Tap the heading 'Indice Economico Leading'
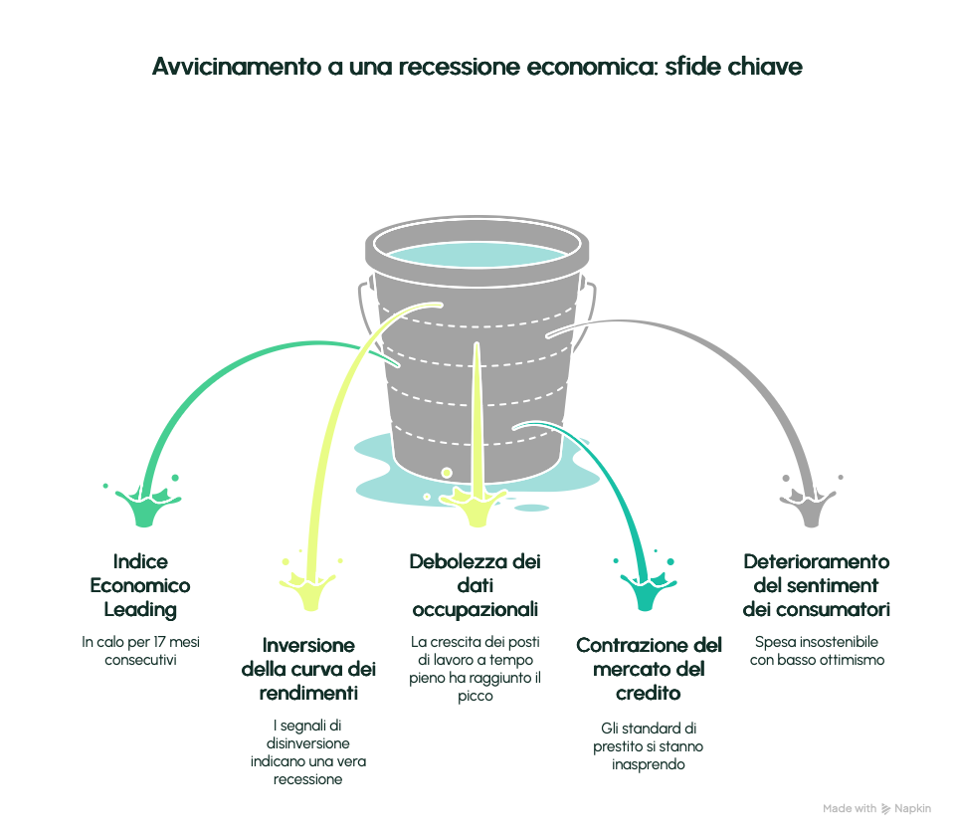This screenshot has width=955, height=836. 140,585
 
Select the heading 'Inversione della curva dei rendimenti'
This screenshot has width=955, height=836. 309,667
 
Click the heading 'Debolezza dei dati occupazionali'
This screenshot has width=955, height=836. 476,585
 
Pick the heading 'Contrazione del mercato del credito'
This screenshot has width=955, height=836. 650,669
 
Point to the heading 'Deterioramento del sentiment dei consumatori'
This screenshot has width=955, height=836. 817,585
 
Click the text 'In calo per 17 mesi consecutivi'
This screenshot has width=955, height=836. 140,651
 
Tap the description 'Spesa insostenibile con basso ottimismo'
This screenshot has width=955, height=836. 817,651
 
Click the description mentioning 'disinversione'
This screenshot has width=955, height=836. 308,752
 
